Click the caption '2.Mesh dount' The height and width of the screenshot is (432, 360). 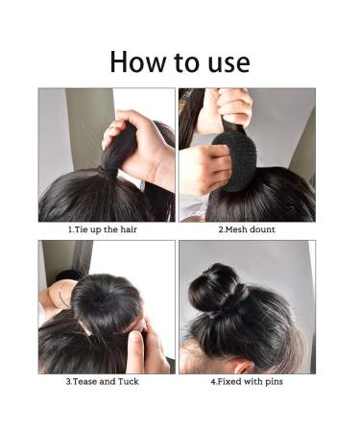(x=246, y=230)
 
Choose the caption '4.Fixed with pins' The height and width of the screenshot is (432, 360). (x=247, y=381)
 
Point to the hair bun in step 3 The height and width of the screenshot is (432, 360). (x=105, y=301)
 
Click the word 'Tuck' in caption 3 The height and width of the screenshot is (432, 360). (x=134, y=381)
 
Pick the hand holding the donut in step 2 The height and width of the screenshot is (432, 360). (x=202, y=168)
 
